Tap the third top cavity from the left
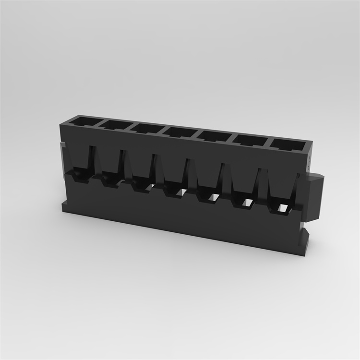click(x=147, y=128)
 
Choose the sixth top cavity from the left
click(x=250, y=139)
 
